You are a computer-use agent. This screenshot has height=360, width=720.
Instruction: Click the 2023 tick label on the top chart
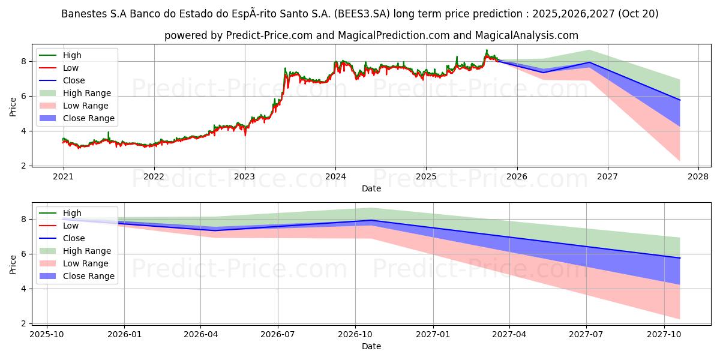click(x=244, y=176)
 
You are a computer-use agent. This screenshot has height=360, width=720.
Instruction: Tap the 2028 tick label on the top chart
click(x=698, y=176)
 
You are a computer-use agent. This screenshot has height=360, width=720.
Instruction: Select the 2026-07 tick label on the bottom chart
click(x=278, y=334)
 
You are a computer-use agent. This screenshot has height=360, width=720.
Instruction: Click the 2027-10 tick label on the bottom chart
click(x=664, y=334)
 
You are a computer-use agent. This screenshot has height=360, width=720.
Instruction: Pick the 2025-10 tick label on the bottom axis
click(x=47, y=334)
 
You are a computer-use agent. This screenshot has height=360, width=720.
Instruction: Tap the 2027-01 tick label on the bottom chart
click(x=433, y=334)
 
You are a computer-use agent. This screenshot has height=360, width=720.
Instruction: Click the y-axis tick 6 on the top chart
click(x=25, y=96)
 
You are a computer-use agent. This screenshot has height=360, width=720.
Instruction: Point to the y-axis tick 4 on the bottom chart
click(x=25, y=289)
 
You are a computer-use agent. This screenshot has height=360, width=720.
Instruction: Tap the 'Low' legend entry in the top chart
click(x=71, y=68)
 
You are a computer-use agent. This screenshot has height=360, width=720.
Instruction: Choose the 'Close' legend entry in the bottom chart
click(x=74, y=238)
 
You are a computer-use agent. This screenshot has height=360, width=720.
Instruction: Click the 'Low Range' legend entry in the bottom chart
click(x=85, y=263)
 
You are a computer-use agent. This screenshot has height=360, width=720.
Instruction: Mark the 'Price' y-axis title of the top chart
click(x=13, y=106)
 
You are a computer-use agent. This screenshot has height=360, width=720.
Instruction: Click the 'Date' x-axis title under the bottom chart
click(x=371, y=346)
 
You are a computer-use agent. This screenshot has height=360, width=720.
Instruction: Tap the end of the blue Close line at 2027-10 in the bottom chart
click(x=680, y=258)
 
